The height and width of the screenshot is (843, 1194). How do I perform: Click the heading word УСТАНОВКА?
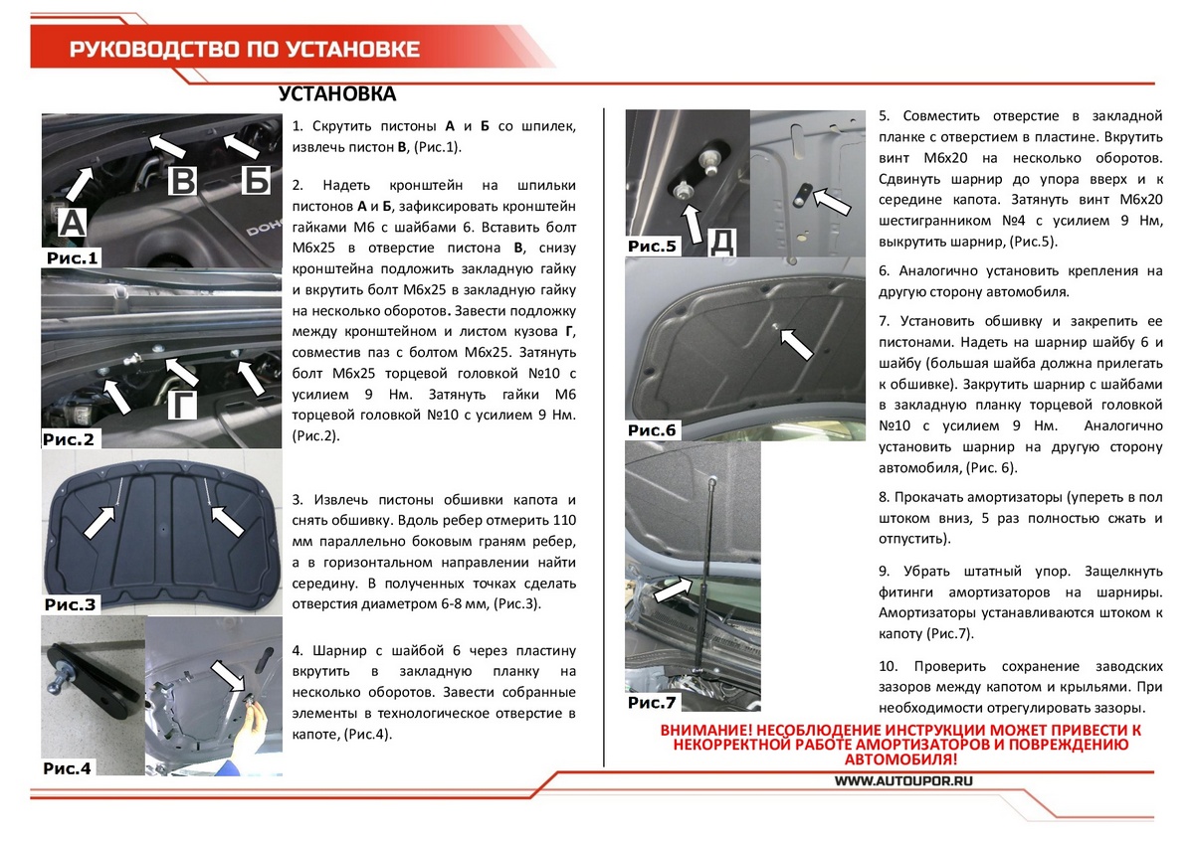[337, 95]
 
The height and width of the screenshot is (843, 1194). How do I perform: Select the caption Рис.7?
[653, 703]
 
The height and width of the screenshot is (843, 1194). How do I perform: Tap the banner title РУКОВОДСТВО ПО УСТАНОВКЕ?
[244, 50]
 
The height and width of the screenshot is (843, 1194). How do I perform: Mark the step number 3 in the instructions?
[298, 499]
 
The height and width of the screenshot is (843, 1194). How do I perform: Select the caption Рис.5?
[653, 246]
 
